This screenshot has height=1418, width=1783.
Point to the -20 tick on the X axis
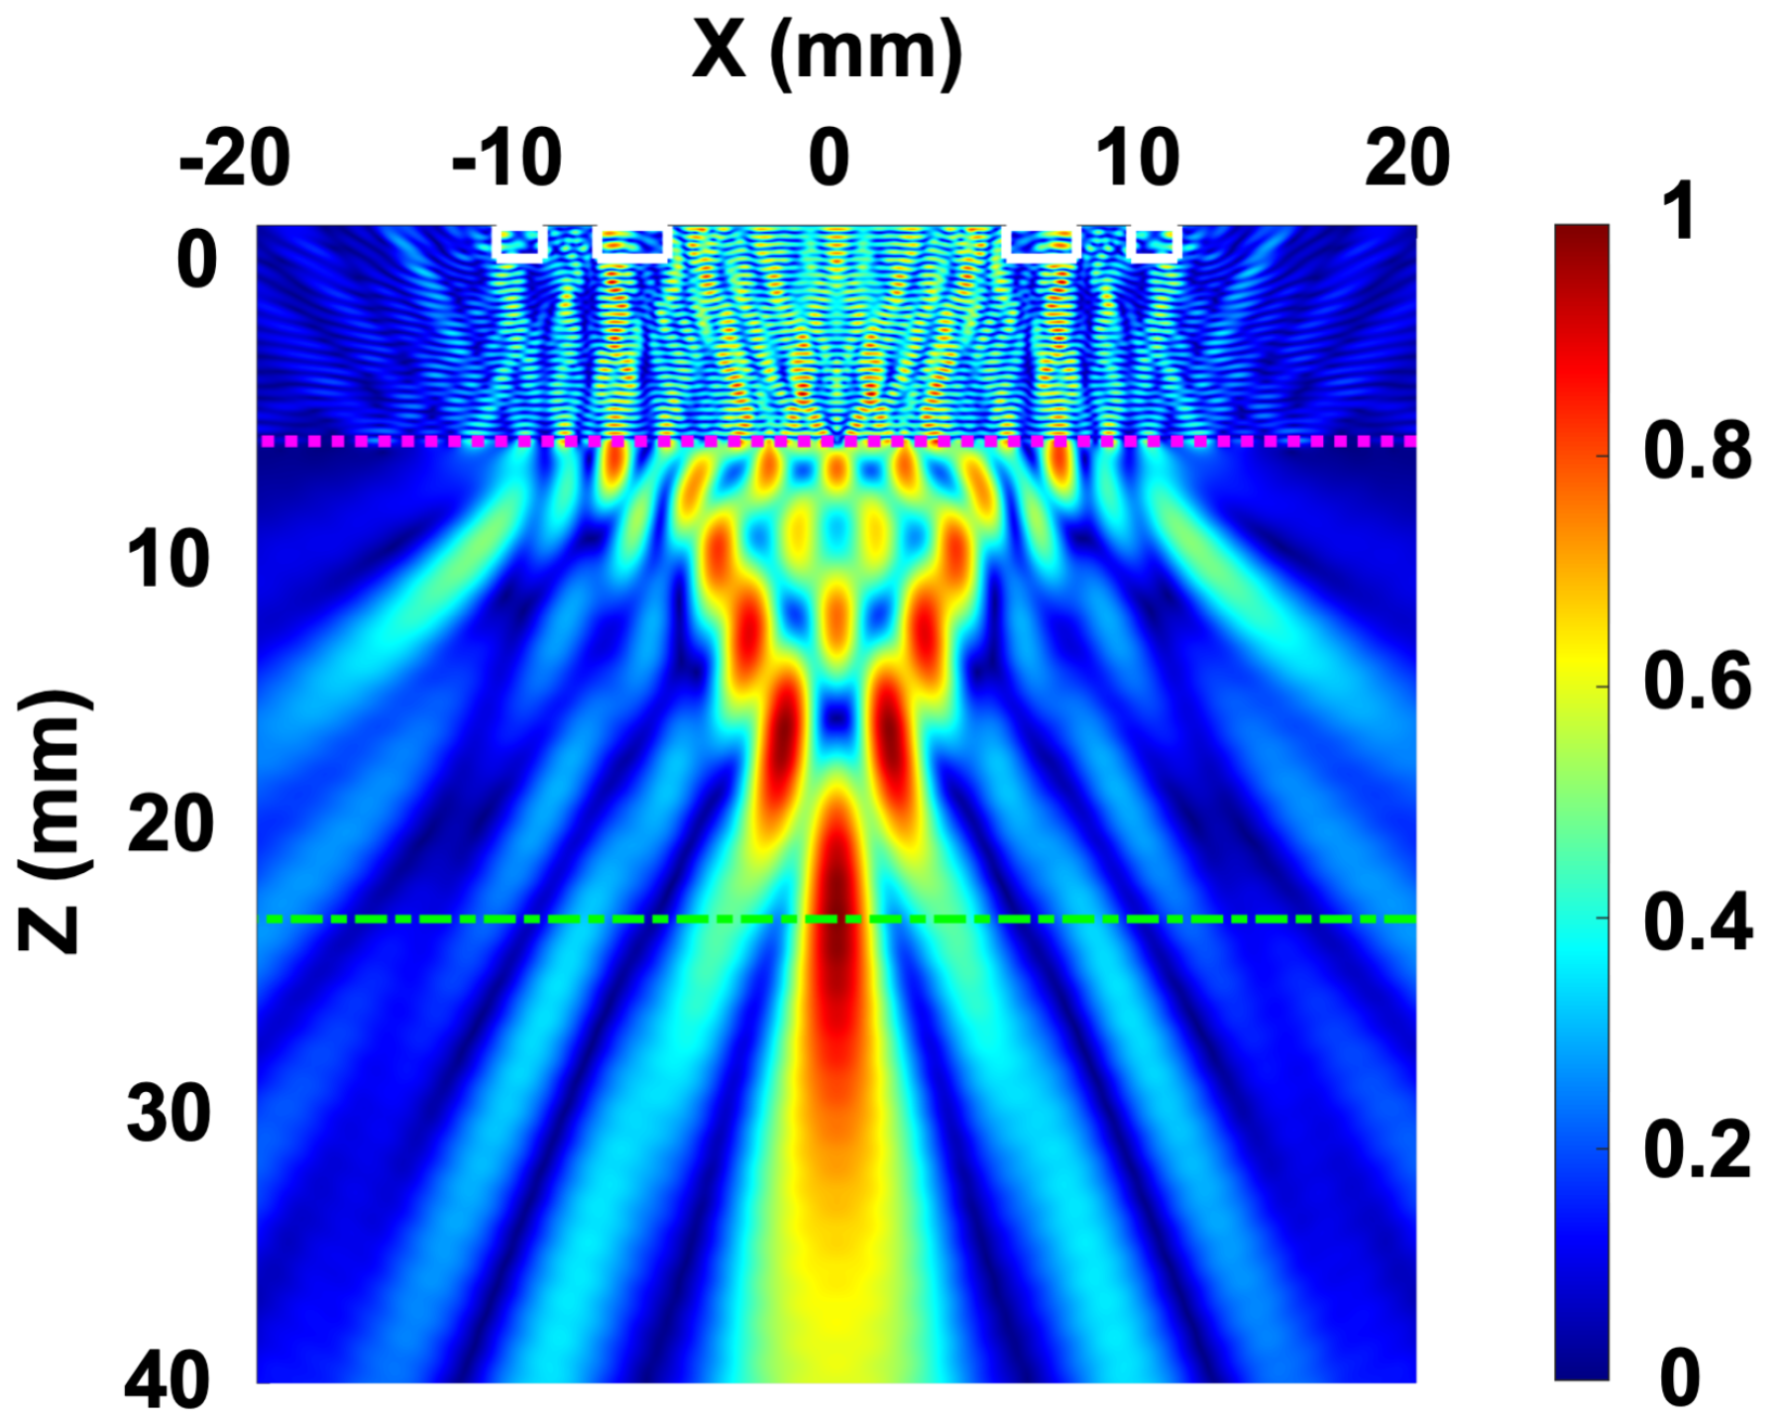click(x=235, y=159)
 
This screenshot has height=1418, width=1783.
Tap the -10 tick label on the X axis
click(x=506, y=159)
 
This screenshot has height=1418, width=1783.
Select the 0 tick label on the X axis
click(x=829, y=159)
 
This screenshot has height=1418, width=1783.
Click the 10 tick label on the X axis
click(x=1138, y=159)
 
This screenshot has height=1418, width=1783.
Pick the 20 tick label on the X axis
click(x=1406, y=159)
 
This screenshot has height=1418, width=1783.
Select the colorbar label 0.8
click(x=1697, y=452)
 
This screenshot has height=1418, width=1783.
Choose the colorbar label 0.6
click(x=1697, y=683)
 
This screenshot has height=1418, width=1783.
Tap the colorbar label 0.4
click(x=1697, y=922)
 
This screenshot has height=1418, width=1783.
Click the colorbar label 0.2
click(x=1697, y=1150)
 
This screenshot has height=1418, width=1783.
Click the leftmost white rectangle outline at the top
click(x=519, y=244)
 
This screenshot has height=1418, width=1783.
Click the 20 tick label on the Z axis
click(x=169, y=824)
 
